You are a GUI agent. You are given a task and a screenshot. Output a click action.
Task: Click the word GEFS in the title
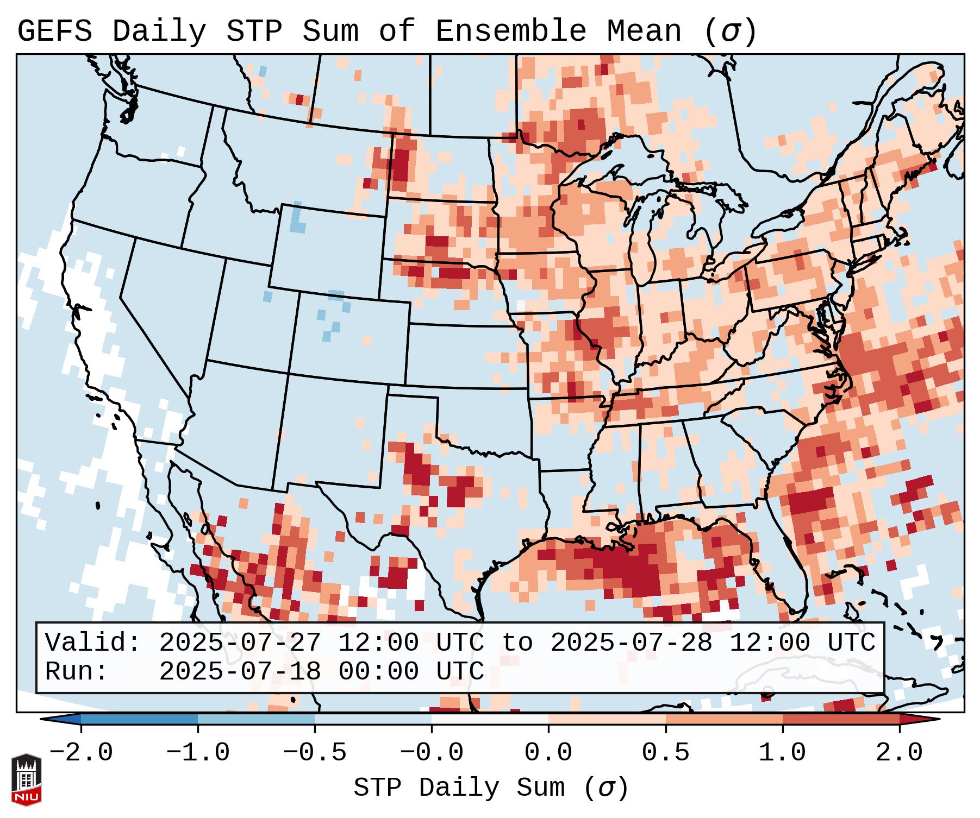click(54, 32)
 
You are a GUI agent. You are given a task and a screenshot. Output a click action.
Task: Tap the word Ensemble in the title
click(510, 32)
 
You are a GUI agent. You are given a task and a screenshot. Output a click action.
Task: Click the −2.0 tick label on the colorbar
click(81, 753)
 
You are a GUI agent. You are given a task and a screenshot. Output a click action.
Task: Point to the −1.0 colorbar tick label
click(198, 753)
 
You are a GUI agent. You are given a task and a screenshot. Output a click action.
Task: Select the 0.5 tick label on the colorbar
click(666, 753)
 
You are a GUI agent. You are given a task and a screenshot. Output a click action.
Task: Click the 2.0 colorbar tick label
click(900, 753)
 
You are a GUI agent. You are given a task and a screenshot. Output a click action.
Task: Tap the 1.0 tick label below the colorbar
click(783, 753)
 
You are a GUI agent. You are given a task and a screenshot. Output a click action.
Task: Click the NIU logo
click(26, 779)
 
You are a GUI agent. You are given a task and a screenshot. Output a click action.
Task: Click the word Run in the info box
click(76, 672)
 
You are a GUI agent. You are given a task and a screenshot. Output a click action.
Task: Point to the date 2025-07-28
click(631, 643)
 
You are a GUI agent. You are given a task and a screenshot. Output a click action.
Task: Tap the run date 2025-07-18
click(240, 672)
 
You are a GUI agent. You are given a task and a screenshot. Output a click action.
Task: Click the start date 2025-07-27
click(240, 643)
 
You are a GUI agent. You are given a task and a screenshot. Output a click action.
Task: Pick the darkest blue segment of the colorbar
click(139, 719)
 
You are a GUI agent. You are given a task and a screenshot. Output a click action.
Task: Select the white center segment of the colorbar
click(490, 719)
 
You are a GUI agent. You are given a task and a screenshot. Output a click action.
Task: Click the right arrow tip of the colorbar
click(937, 719)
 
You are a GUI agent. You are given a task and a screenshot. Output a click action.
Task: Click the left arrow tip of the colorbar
click(43, 719)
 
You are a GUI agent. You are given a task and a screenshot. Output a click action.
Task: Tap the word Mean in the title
click(644, 32)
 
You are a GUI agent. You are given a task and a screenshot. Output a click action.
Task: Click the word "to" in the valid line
click(517, 643)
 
